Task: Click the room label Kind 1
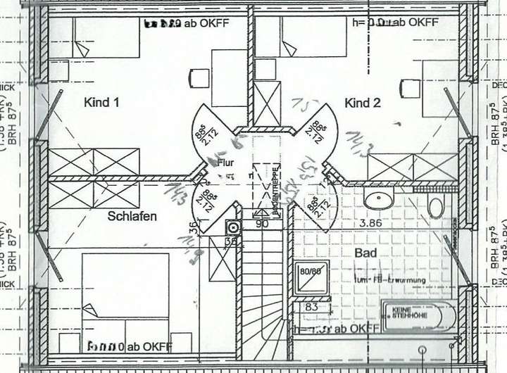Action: pyautogui.click(x=101, y=103)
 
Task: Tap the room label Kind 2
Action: pyautogui.click(x=363, y=103)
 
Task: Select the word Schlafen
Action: pyautogui.click(x=132, y=216)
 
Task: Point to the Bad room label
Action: pyautogui.click(x=365, y=253)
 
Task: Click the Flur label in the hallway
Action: pyautogui.click(x=225, y=163)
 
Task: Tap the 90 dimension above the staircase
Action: pyautogui.click(x=262, y=224)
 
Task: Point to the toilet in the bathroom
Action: pyautogui.click(x=436, y=207)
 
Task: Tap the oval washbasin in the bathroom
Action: pyautogui.click(x=379, y=200)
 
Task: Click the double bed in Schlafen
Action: pyautogui.click(x=125, y=296)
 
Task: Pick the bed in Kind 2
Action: pyautogui.click(x=303, y=38)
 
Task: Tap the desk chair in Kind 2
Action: pyautogui.click(x=409, y=89)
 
